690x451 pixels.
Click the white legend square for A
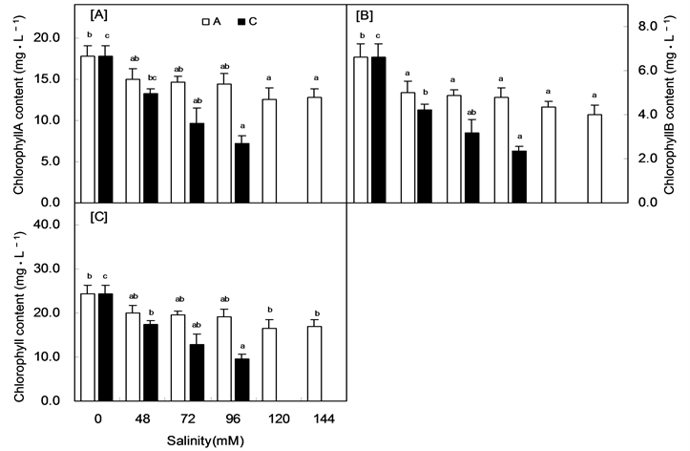[205, 19]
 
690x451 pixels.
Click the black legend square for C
[242, 19]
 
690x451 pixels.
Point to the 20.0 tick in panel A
[48, 37]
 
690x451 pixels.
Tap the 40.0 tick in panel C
[48, 225]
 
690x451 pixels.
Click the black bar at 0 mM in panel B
[379, 130]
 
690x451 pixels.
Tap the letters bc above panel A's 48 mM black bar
[150, 76]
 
